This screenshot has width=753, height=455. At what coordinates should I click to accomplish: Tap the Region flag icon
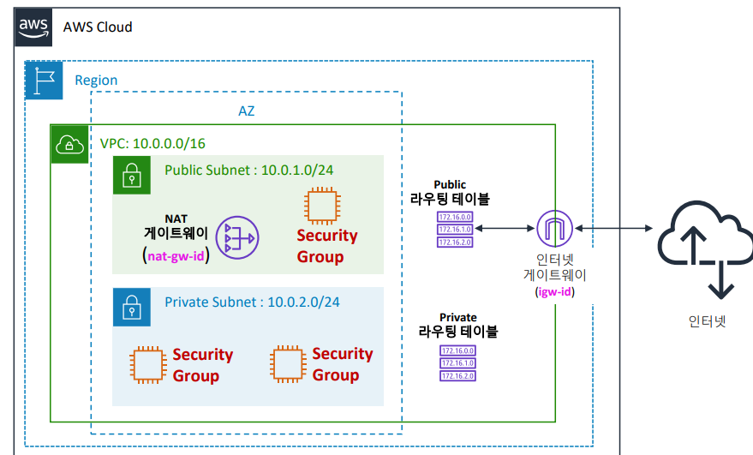(x=44, y=80)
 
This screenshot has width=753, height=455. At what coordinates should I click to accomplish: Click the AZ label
(x=247, y=111)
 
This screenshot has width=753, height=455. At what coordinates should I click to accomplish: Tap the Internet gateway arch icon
(x=553, y=229)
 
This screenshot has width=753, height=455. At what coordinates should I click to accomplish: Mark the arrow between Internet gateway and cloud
(x=614, y=229)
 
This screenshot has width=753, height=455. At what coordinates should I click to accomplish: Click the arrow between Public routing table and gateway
(x=506, y=229)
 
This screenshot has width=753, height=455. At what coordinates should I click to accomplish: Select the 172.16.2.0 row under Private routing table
(x=457, y=375)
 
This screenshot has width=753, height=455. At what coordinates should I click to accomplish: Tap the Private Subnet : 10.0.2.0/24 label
(x=252, y=302)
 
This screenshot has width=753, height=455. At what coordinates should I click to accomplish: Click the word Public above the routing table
(x=450, y=184)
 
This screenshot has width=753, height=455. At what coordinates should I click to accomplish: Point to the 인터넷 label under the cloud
(x=707, y=322)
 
